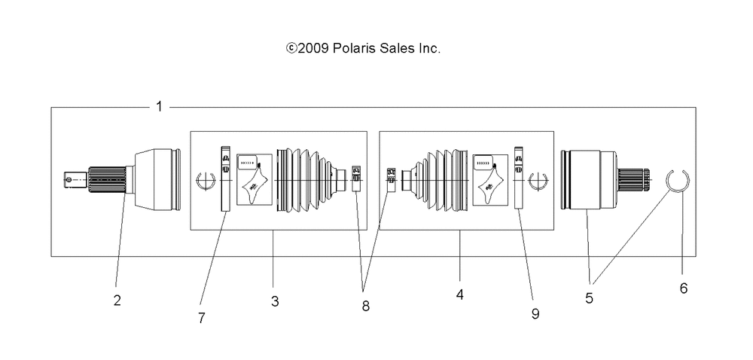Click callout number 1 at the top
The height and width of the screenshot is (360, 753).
(159, 106)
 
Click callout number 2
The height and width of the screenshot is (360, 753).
(117, 300)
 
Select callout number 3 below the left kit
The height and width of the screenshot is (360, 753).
(275, 301)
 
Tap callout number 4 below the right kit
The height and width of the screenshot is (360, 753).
(459, 296)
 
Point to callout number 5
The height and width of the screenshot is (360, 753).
(589, 297)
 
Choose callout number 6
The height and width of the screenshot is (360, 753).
(683, 288)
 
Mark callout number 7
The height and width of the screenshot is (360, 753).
(201, 318)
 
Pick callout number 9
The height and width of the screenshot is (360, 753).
(535, 313)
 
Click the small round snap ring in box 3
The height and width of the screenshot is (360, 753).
(206, 182)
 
